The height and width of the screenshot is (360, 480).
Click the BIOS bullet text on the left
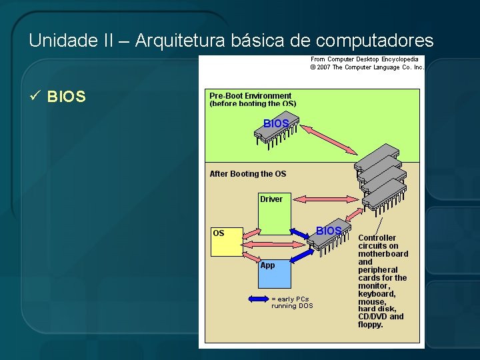pos(67,97)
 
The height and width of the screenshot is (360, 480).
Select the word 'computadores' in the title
pos(375,41)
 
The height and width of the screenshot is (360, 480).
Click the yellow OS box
pos(227,242)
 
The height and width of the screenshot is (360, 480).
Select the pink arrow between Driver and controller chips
pos(327,199)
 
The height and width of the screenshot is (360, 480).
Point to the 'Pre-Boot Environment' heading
pos(251,96)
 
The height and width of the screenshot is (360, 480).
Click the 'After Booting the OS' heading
pos(248,174)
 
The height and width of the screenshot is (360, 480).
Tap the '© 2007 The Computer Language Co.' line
pos(367,67)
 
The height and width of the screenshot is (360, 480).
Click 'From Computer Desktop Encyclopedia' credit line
pos(365,59)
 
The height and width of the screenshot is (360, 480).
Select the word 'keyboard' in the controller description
pos(377,294)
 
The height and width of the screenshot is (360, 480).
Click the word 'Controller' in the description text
pos(377,238)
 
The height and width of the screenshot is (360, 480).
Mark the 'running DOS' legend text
pos(292,306)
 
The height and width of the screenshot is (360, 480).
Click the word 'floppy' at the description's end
pos(371,325)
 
